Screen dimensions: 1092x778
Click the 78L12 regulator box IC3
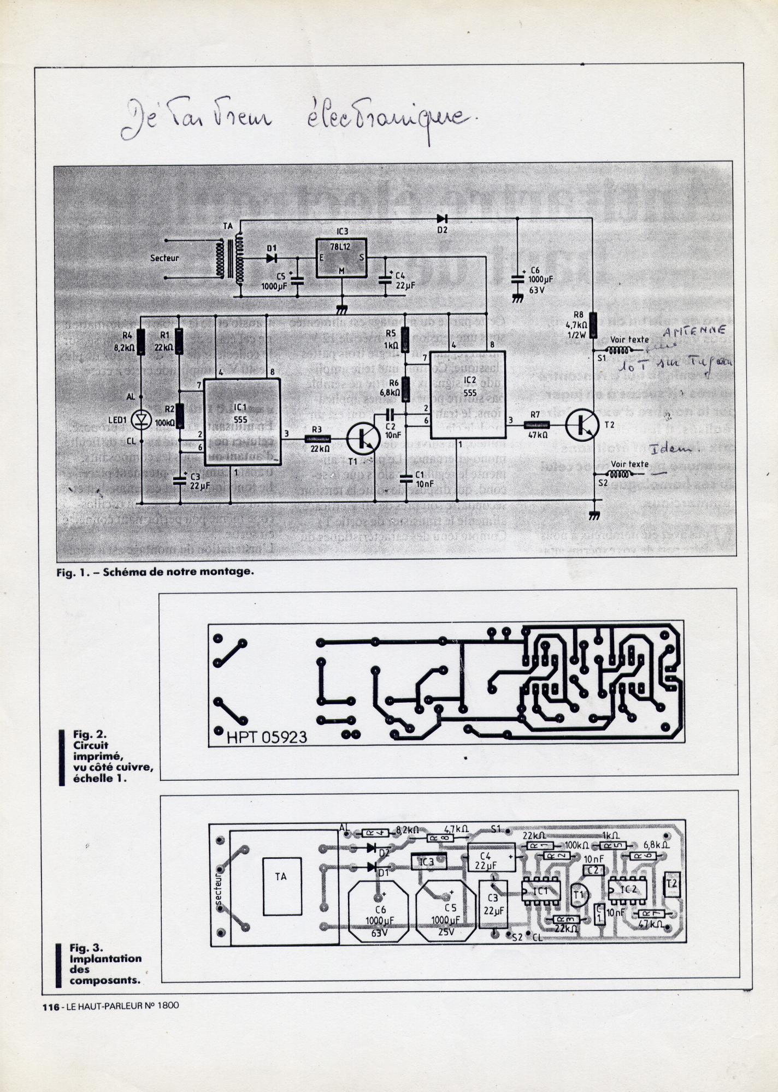click(341, 258)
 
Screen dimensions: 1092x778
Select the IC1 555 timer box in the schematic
click(242, 420)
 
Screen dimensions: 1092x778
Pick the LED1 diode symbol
click(142, 419)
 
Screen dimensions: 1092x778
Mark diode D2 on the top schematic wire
click(441, 219)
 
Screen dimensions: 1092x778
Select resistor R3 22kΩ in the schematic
click(317, 438)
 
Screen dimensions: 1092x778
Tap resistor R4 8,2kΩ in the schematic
click(142, 342)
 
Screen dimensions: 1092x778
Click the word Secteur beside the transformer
click(164, 258)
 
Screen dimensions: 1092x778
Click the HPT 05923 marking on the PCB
click(267, 737)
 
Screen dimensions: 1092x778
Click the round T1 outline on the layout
click(579, 894)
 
